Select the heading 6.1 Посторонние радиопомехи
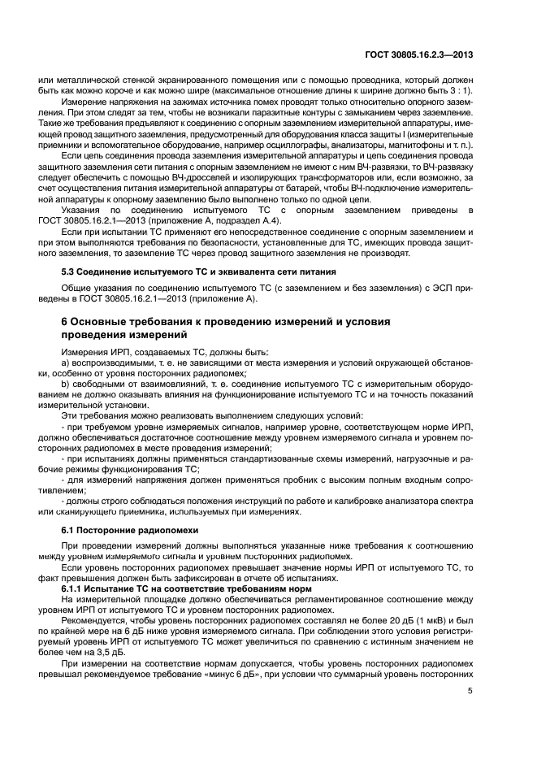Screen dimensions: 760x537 pyautogui.click(x=130, y=528)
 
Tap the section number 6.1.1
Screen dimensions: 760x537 pyautogui.click(x=75, y=588)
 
